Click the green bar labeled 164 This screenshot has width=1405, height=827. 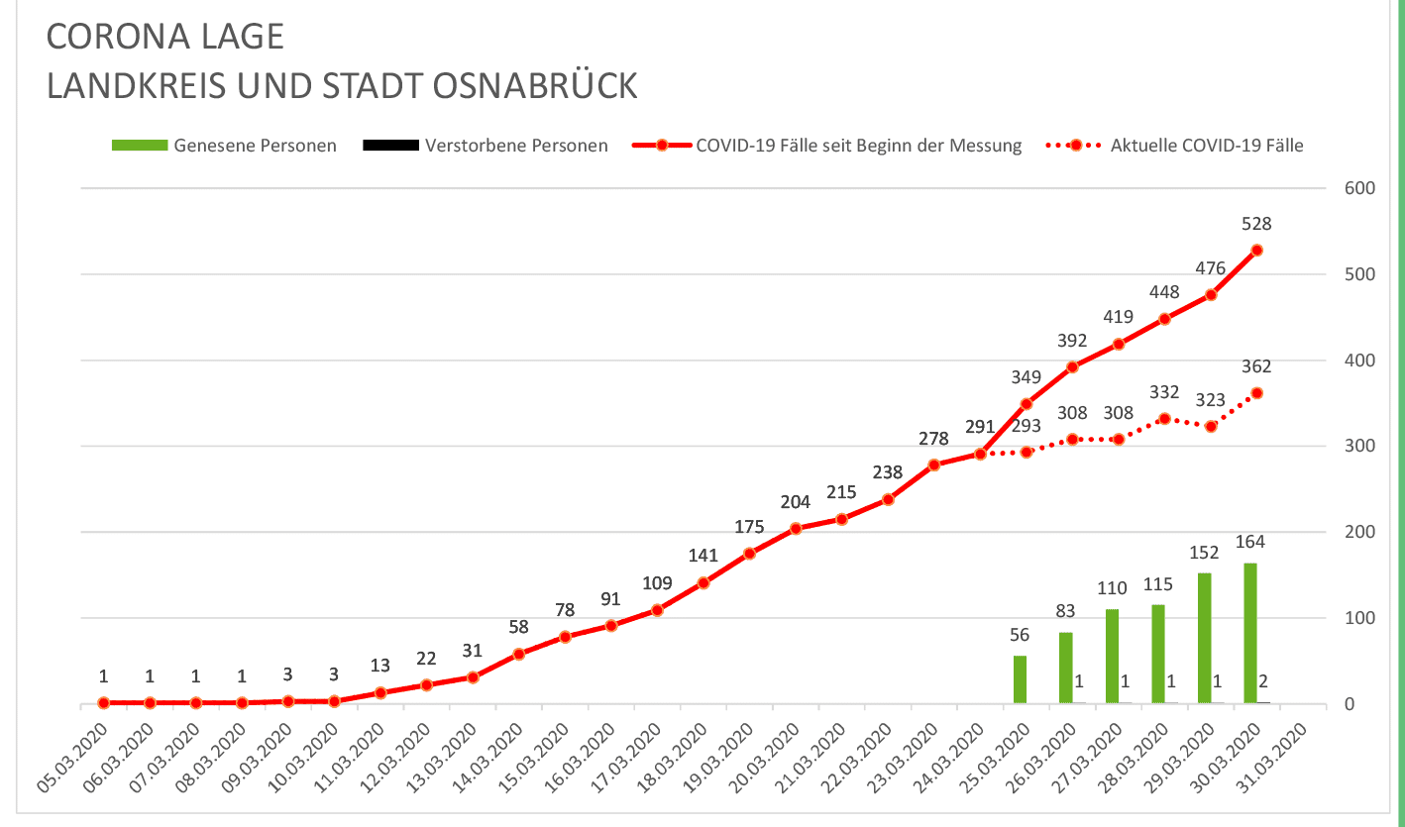(1250, 633)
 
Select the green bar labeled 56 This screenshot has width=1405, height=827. (1020, 679)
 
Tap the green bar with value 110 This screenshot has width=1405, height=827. (1112, 656)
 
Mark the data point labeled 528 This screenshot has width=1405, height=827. (1257, 251)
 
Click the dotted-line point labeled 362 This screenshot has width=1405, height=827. (1257, 393)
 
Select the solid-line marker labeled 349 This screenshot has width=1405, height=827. (1027, 404)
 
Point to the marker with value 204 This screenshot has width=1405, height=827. (796, 529)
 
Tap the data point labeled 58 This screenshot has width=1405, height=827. (519, 654)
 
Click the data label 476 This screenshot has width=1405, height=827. (1211, 267)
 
